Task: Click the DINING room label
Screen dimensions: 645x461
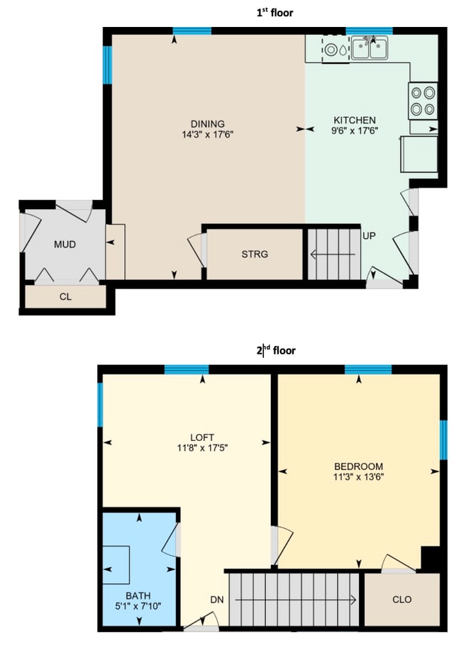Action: pyautogui.click(x=207, y=123)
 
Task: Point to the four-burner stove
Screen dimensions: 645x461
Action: pyautogui.click(x=423, y=100)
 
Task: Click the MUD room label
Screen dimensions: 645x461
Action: pyautogui.click(x=65, y=245)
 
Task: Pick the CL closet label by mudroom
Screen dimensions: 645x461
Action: pyautogui.click(x=65, y=297)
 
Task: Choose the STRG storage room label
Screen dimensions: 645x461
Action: pyautogui.click(x=255, y=254)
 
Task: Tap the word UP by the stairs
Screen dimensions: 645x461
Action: pyautogui.click(x=369, y=235)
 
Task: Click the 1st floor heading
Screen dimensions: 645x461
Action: pyautogui.click(x=274, y=12)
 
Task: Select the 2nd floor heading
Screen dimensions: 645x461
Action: pyautogui.click(x=274, y=350)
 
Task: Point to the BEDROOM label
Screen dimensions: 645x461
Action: pyautogui.click(x=359, y=466)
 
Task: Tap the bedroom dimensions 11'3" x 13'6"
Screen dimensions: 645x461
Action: pyautogui.click(x=359, y=477)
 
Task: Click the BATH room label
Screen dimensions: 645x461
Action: pyautogui.click(x=138, y=596)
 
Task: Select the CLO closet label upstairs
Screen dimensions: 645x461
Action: pyautogui.click(x=401, y=600)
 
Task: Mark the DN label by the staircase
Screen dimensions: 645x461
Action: pyautogui.click(x=217, y=600)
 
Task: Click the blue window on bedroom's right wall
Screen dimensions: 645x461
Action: pyautogui.click(x=443, y=439)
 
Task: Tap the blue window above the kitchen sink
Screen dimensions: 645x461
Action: pyautogui.click(x=369, y=30)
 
